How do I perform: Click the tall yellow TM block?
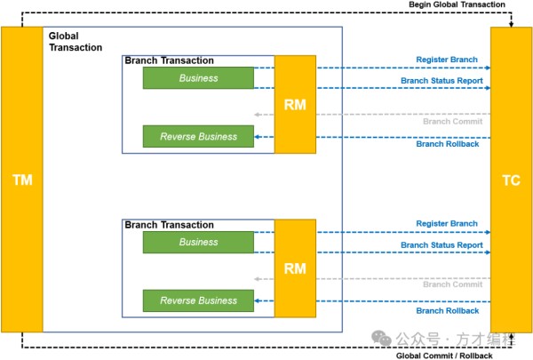click(x=22, y=180)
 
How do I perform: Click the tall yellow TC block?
click(x=512, y=180)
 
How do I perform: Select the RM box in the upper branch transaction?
click(x=295, y=104)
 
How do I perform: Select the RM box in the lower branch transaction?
click(x=295, y=268)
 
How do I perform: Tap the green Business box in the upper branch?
click(x=198, y=78)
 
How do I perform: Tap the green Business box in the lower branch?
click(x=198, y=242)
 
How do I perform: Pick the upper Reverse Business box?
click(x=198, y=137)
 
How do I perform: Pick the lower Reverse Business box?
click(x=198, y=300)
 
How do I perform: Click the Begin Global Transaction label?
click(x=457, y=5)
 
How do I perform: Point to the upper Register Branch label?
click(x=447, y=60)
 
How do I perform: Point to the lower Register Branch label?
click(x=447, y=224)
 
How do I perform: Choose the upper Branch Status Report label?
click(x=442, y=80)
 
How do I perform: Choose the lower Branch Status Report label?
click(x=442, y=245)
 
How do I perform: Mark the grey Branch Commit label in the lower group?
click(x=452, y=284)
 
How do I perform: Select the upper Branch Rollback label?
click(x=448, y=144)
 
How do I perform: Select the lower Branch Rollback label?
click(x=448, y=310)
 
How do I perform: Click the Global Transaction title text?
click(x=76, y=42)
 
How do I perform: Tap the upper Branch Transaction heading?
click(x=170, y=60)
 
